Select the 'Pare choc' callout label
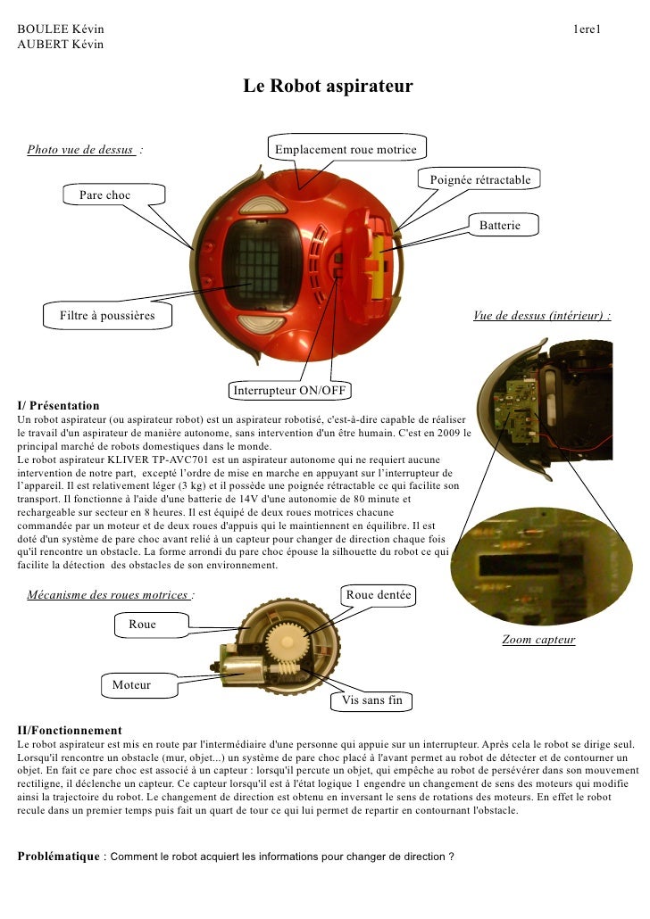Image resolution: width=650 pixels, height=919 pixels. [x=104, y=195]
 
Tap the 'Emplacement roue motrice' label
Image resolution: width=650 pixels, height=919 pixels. [x=346, y=149]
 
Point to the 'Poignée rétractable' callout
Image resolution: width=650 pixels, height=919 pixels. [x=479, y=180]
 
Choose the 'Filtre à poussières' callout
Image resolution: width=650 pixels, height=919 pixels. [x=107, y=315]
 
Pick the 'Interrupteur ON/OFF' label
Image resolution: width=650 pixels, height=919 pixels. [x=289, y=391]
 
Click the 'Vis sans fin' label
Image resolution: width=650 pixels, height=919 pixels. [x=372, y=700]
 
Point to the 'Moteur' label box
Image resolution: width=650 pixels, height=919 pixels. [x=131, y=685]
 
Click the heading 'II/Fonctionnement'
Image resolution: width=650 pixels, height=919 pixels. [x=70, y=730]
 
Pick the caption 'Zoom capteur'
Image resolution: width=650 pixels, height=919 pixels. [x=537, y=640]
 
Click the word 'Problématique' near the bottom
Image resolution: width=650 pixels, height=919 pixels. [x=58, y=857]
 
